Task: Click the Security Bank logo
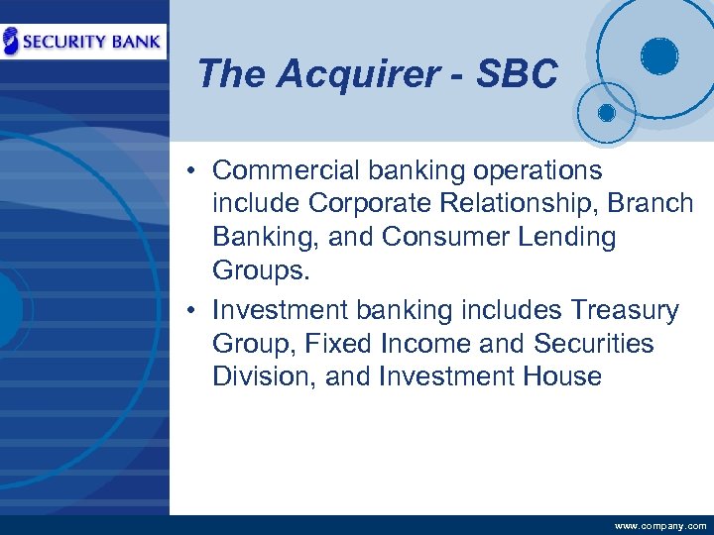[83, 42]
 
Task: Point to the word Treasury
[625, 310]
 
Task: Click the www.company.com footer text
[660, 525]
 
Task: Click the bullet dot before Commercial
[188, 171]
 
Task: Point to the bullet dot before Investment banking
[188, 311]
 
